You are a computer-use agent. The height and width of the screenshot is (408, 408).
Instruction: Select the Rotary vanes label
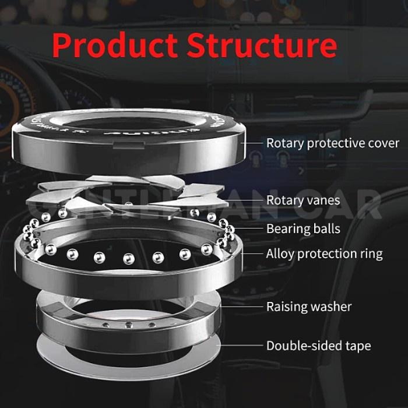coord(303,200)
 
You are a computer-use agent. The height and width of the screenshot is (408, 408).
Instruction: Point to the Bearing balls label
coord(303,228)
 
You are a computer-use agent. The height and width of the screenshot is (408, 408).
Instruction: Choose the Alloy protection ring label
coord(324,254)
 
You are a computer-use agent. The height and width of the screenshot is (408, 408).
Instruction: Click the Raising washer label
coord(309,306)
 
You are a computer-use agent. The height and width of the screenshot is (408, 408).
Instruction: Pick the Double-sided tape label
coord(318,346)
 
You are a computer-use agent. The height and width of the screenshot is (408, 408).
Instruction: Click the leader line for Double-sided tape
coord(242,346)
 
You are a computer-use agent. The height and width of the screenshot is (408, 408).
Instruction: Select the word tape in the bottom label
coord(357,346)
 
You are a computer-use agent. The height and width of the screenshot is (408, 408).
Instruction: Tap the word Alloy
coord(280,254)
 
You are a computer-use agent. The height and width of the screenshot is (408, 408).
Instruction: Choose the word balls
coord(326,228)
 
